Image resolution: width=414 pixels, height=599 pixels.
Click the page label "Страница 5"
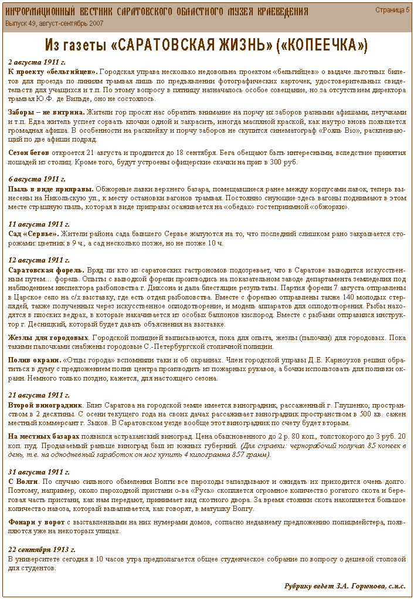(392, 10)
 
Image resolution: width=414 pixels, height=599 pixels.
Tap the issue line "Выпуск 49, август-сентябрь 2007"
(55, 23)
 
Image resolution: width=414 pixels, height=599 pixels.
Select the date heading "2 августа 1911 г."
(36, 62)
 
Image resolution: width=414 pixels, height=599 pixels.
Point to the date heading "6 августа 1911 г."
(36, 179)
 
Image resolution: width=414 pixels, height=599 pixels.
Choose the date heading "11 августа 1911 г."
(38, 224)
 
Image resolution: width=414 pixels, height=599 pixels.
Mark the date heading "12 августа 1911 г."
(38, 260)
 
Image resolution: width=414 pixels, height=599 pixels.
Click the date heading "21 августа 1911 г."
(38, 395)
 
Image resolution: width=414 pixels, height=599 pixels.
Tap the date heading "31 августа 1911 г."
(38, 472)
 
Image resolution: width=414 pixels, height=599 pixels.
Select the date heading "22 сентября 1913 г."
(41, 549)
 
